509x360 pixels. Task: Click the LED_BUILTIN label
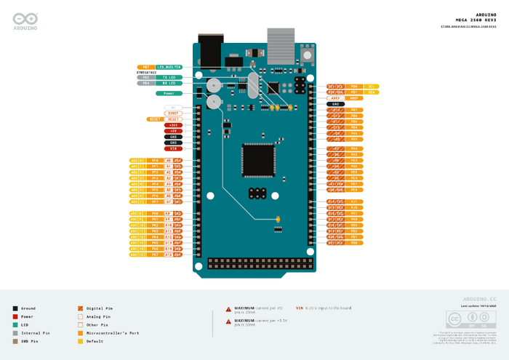169,67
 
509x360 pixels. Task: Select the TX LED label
169,76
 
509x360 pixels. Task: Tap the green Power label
168,93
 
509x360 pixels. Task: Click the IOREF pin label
173,113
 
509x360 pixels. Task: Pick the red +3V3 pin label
173,124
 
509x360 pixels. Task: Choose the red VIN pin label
173,148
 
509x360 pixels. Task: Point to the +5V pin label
173,130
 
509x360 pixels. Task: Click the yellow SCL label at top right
372,86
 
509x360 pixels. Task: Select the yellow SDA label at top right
372,92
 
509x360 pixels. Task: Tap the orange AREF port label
336,98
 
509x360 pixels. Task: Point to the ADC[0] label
137,160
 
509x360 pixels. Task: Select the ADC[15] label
137,255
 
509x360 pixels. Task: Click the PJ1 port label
354,201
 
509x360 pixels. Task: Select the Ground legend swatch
15,308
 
